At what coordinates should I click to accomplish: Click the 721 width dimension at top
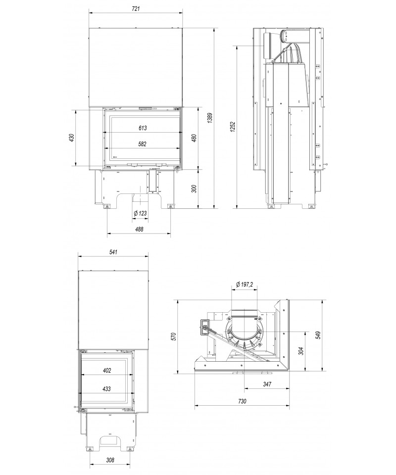click(x=136, y=9)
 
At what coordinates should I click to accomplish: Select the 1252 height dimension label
click(x=232, y=128)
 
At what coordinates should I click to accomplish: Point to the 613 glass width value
click(x=143, y=128)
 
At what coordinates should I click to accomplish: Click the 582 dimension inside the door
click(x=142, y=144)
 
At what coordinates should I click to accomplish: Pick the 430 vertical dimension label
click(x=71, y=138)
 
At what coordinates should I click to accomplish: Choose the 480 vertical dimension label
click(x=194, y=138)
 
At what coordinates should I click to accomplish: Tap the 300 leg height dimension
click(x=194, y=189)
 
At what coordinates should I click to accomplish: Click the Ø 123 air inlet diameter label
click(x=140, y=213)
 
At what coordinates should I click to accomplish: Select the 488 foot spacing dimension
click(x=139, y=229)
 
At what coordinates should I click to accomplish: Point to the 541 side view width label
click(x=113, y=252)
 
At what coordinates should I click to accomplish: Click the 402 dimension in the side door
click(x=106, y=371)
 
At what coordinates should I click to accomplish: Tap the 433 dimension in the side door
click(x=106, y=389)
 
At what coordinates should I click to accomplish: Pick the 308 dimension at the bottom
click(x=110, y=460)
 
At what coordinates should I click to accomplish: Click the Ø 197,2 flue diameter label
click(x=244, y=285)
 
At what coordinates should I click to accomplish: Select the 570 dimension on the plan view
click(x=173, y=336)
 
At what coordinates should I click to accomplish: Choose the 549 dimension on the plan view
click(x=318, y=335)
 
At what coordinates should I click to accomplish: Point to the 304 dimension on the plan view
click(x=300, y=351)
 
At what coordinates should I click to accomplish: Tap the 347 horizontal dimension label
click(x=267, y=384)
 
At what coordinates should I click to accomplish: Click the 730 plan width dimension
click(x=242, y=401)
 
